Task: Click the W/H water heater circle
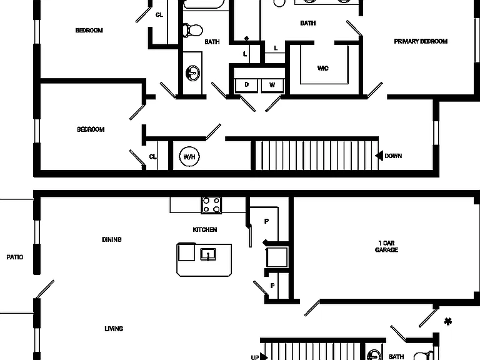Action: click(189, 156)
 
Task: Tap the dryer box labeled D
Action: click(246, 86)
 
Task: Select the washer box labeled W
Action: click(272, 86)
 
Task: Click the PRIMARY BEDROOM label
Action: click(421, 41)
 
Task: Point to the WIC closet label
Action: click(323, 68)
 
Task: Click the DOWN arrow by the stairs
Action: click(379, 156)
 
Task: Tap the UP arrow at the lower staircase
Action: click(264, 357)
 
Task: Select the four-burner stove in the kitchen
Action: click(211, 205)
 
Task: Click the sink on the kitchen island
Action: click(208, 254)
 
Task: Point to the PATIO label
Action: click(15, 257)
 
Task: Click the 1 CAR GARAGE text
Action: click(386, 246)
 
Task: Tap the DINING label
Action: click(112, 239)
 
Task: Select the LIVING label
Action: click(114, 329)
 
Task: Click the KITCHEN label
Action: click(205, 229)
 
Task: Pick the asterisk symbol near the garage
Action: click(448, 321)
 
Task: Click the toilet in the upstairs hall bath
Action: click(193, 30)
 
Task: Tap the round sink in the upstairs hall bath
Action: click(193, 73)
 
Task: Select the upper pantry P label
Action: click(267, 221)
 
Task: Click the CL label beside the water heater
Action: click(152, 157)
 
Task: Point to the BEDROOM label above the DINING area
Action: click(91, 129)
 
